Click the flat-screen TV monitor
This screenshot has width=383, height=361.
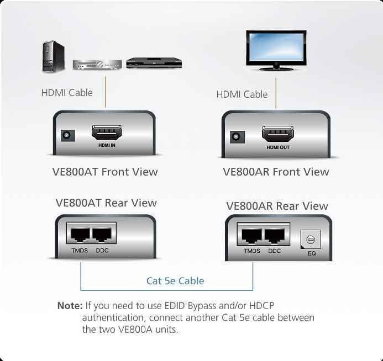point(276,50)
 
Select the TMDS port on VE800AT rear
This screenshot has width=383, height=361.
point(78,235)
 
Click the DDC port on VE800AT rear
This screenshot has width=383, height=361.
point(103,235)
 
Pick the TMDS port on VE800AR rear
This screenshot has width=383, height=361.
point(251,236)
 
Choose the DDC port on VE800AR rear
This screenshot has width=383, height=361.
point(275,236)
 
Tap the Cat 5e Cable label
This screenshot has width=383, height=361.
point(175,281)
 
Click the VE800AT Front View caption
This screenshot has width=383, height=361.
point(105,172)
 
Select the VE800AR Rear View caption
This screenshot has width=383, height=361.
point(277,206)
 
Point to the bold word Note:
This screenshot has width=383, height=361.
point(70,306)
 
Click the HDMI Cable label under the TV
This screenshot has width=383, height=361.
point(242,94)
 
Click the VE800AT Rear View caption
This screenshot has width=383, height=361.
point(106,203)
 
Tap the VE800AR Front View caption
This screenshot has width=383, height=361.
point(276,172)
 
